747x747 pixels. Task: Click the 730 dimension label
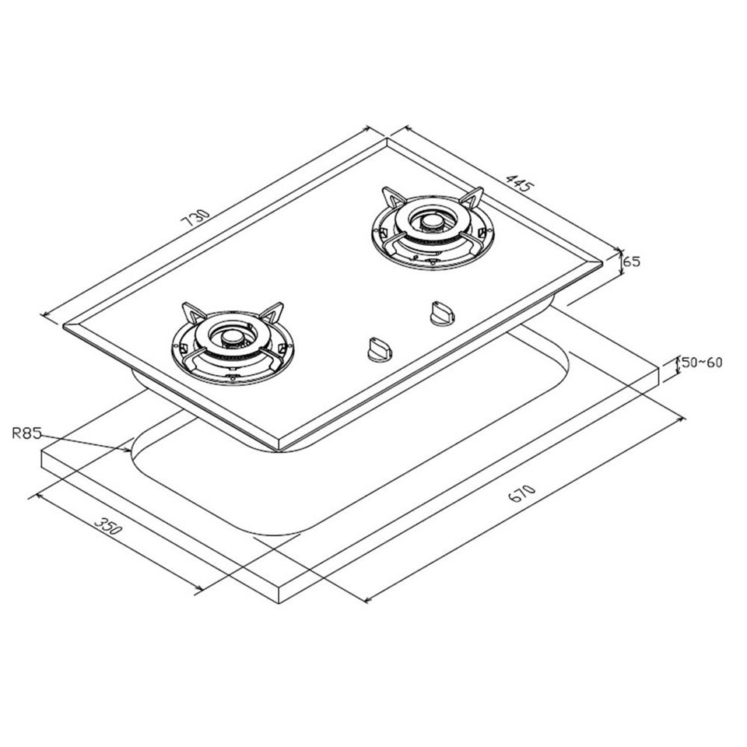click(x=195, y=218)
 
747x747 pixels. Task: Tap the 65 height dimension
click(x=632, y=261)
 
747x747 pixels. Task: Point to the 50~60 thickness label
click(x=702, y=363)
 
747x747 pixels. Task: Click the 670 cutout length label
click(x=522, y=493)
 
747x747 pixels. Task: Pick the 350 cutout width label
click(x=109, y=524)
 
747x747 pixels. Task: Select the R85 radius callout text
click(x=27, y=433)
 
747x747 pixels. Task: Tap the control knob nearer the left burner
click(x=379, y=348)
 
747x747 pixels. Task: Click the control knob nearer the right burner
click(x=442, y=313)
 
